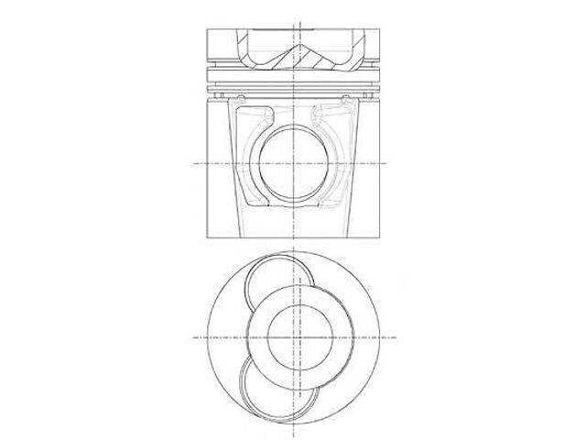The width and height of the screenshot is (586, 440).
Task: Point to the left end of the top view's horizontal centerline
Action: (192, 337)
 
